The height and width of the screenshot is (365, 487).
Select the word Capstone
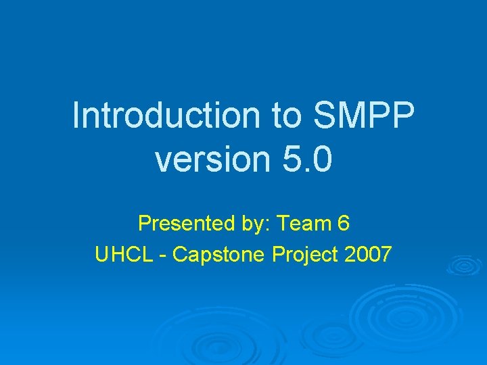click(219, 255)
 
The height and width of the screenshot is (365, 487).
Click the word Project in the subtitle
click(305, 255)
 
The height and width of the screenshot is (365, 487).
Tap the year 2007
click(367, 255)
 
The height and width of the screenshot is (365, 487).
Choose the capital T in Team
click(283, 223)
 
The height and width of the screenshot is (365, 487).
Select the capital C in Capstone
click(180, 255)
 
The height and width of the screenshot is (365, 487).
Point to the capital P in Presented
click(144, 223)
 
